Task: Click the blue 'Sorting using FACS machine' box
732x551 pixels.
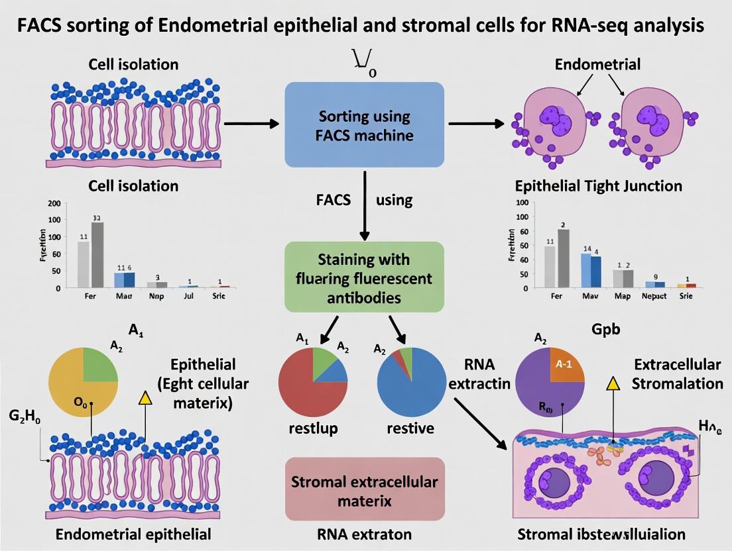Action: tap(364, 125)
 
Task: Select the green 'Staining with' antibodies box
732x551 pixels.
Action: tap(364, 277)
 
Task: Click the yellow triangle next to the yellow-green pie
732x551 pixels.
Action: tap(145, 397)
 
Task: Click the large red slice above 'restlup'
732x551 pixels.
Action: tap(306, 387)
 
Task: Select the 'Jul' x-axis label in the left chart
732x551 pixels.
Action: tap(188, 296)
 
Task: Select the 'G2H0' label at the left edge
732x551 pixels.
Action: tap(24, 417)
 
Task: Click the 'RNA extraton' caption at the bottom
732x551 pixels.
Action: tap(364, 534)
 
